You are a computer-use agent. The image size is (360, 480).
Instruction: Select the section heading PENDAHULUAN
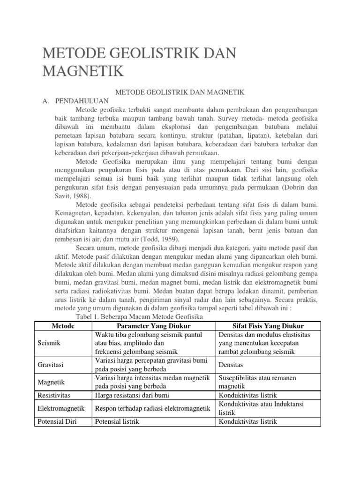pos(82,101)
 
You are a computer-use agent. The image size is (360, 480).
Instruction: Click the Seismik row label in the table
pos(49,344)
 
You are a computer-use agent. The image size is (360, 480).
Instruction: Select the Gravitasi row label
pos(51,364)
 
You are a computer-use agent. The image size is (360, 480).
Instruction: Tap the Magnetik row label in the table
pos(51,382)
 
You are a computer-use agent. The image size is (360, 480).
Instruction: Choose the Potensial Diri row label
pos(57,421)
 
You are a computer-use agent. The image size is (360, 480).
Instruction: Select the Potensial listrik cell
pos(117,421)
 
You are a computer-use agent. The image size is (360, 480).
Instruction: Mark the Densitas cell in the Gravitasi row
pos(232,364)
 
